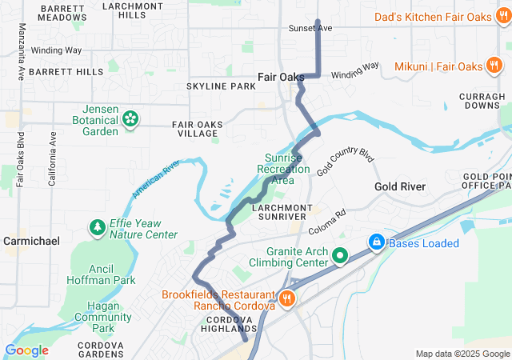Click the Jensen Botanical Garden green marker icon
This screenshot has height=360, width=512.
tap(130, 119)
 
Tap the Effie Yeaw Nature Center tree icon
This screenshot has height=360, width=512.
tap(98, 228)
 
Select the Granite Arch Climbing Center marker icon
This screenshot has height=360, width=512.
tap(340, 257)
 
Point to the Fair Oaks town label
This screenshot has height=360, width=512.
tap(280, 77)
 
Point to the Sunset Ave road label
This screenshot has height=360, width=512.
tap(310, 28)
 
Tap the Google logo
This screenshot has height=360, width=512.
tap(26, 350)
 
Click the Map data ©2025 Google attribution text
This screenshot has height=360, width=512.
tap(462, 354)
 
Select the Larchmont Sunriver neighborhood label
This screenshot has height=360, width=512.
tap(267, 211)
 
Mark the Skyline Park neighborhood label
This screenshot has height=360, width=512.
tap(220, 86)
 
